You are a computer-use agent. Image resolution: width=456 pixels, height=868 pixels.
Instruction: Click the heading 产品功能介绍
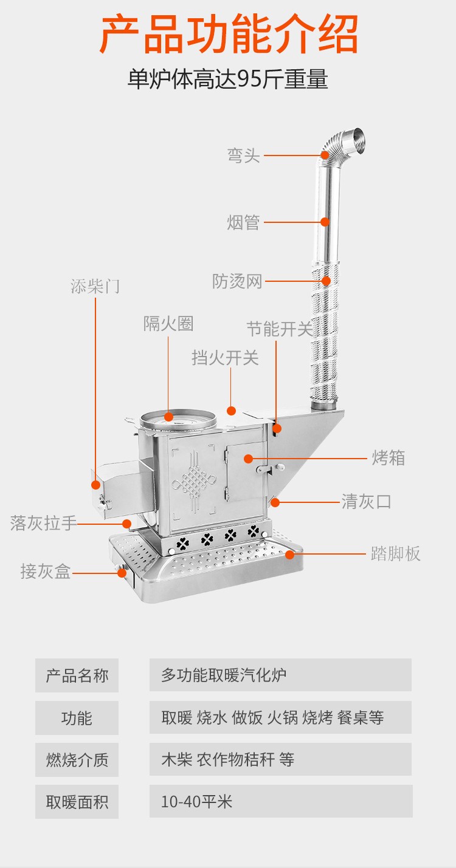[228, 35]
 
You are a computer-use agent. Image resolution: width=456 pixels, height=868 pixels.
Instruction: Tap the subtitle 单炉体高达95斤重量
[228, 80]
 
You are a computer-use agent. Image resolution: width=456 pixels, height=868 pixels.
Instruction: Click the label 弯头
[244, 155]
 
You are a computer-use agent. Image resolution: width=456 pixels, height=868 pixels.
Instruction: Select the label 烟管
[243, 222]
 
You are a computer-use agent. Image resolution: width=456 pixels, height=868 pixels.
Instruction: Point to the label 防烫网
[237, 281]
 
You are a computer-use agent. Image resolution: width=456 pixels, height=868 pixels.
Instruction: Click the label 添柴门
[95, 287]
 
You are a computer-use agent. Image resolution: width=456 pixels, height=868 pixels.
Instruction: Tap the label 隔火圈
[168, 324]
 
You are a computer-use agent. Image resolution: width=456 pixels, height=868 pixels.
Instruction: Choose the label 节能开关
[279, 329]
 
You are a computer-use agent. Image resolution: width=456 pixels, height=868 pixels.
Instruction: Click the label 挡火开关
[225, 358]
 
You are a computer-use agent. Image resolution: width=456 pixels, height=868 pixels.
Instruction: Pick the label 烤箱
[389, 458]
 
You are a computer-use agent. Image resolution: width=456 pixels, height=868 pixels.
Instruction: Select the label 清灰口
[366, 502]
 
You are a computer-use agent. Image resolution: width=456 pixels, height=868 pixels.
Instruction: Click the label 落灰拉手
[43, 523]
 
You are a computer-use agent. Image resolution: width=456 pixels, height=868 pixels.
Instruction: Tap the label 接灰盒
[46, 571]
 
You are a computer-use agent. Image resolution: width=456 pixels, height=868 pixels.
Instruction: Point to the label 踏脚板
[396, 553]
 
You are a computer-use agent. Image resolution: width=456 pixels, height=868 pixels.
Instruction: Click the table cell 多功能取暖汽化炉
[224, 675]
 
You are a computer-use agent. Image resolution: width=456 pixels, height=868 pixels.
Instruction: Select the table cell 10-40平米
[197, 801]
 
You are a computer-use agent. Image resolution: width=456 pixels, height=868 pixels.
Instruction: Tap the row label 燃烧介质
[77, 759]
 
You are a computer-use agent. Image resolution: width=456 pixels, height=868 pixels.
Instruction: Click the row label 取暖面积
[77, 802]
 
